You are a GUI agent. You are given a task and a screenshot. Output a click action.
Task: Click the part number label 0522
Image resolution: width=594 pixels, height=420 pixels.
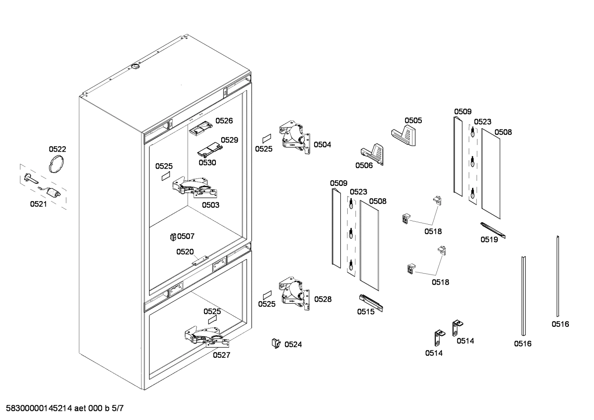pos(57,149)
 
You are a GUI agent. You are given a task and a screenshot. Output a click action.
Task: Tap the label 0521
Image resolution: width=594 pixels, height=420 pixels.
pos(38,204)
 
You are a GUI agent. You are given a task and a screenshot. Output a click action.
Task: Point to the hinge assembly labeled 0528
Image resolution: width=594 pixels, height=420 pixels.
pos(295,293)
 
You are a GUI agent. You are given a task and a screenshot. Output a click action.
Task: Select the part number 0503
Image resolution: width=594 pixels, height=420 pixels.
pos(210,205)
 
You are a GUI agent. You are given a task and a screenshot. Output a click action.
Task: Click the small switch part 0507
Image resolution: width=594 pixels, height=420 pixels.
pos(173,237)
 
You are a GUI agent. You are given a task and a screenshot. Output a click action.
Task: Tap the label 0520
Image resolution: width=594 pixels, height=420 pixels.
pos(185,251)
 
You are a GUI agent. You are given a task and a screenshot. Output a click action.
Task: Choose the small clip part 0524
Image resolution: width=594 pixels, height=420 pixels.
pos(275,343)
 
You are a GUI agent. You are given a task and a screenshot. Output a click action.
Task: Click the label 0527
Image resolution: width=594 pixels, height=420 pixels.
pos(221,355)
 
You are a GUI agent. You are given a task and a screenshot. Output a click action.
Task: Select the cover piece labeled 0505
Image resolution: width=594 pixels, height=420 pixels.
pos(404,136)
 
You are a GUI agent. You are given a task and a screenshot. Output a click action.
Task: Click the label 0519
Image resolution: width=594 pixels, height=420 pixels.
pos(489,239)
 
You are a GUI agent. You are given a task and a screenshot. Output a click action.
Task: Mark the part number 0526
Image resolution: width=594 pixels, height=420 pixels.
pos(224,121)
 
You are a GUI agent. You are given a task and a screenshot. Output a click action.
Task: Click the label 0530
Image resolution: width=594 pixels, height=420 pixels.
pos(207,162)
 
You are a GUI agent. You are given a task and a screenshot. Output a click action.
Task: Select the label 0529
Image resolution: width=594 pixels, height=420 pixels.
pos(229,140)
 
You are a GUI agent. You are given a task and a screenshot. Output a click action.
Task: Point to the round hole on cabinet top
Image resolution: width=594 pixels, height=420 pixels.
pos(135,66)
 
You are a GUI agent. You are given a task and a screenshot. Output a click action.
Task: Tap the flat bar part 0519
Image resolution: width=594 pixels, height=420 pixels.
pos(493,230)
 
